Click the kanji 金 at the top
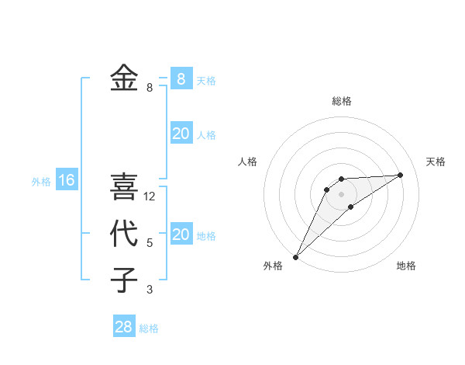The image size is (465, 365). (x=124, y=78)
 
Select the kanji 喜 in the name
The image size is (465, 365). (x=124, y=186)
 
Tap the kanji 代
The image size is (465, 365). (x=124, y=233)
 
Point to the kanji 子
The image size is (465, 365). (x=124, y=280)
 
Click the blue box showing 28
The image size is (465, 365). (x=124, y=327)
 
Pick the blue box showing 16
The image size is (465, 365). (x=67, y=181)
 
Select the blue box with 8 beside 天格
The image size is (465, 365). (x=181, y=78)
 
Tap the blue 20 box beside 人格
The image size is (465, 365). (x=181, y=134)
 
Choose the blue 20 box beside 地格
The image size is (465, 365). (x=181, y=235)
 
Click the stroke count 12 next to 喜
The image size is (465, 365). (x=150, y=196)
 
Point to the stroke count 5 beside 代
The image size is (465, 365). (x=150, y=243)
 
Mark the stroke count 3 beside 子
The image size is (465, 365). (x=150, y=290)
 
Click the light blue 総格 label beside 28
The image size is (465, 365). (x=149, y=328)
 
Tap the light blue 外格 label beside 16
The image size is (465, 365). (x=41, y=182)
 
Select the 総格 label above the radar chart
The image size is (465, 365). (x=341, y=101)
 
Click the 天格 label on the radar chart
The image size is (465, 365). (x=436, y=162)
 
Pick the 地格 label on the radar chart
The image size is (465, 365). (x=406, y=266)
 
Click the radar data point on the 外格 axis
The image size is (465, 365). (x=295, y=257)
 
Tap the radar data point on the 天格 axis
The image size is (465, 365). (x=400, y=175)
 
